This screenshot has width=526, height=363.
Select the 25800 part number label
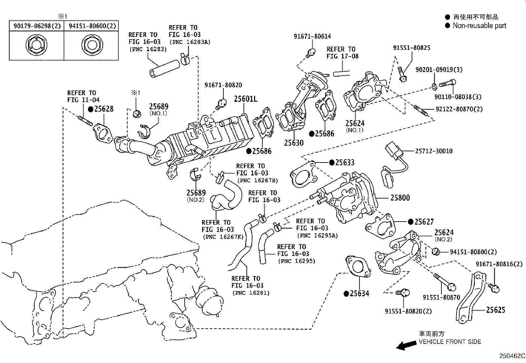(400, 198)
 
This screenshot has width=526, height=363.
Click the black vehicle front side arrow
(406, 345)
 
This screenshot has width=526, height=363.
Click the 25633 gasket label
(345, 163)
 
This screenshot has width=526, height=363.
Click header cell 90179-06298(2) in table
(36, 26)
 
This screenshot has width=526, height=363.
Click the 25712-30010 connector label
(433, 151)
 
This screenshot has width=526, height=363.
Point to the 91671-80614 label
(312, 37)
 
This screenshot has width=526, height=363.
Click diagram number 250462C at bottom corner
(512, 356)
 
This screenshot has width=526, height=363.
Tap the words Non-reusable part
(479, 26)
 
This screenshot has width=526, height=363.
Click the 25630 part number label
(293, 143)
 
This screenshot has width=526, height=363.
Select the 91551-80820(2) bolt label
(408, 311)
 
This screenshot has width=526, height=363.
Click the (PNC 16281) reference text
(251, 293)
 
